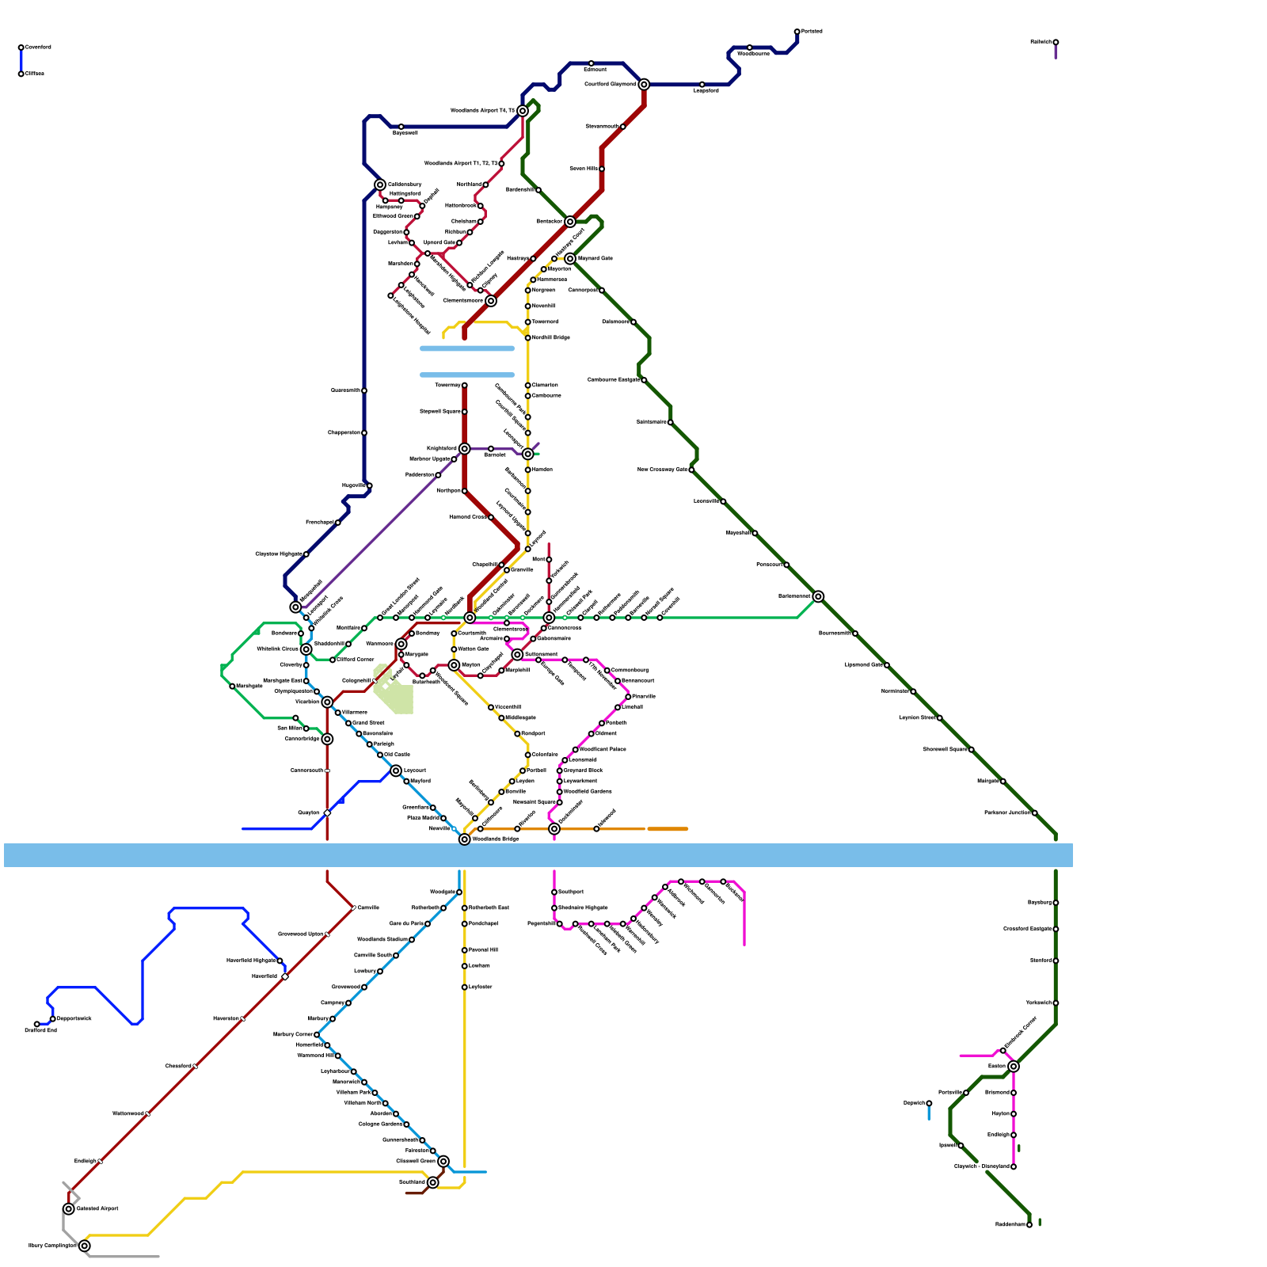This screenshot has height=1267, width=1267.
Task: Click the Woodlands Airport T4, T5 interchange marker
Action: tap(523, 111)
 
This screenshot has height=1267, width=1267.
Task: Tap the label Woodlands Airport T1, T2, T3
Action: tap(461, 164)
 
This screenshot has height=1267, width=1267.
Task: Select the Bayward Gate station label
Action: tap(595, 258)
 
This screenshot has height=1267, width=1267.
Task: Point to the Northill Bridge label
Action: tap(551, 337)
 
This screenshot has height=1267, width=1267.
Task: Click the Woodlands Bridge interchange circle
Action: tap(465, 839)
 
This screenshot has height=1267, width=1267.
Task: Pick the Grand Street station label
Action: tap(368, 723)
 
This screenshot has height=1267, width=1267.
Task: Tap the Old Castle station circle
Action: tap(380, 755)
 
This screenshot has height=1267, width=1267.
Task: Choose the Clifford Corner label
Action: tap(356, 660)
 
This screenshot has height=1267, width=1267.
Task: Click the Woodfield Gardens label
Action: tap(588, 791)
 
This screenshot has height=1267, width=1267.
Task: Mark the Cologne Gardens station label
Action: tap(380, 1124)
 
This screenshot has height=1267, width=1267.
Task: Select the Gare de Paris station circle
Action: tap(428, 924)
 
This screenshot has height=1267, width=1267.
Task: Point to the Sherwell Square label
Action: tap(945, 749)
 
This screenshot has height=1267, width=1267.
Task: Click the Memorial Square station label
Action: tap(535, 802)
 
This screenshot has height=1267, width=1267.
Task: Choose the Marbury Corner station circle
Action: tap(317, 1035)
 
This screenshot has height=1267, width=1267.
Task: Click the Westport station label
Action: tap(533, 733)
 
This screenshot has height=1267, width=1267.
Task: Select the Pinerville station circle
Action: tap(628, 697)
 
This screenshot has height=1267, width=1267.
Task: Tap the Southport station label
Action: tap(571, 892)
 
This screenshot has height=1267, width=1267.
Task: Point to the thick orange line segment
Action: tap(668, 829)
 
